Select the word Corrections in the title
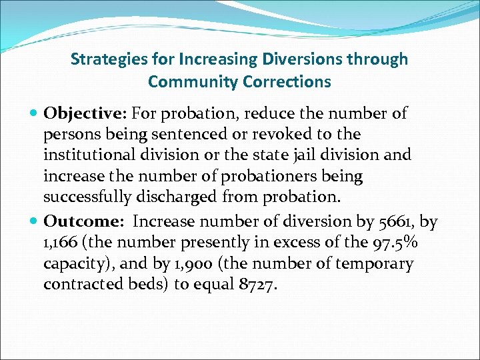290,82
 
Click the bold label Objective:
80,114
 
